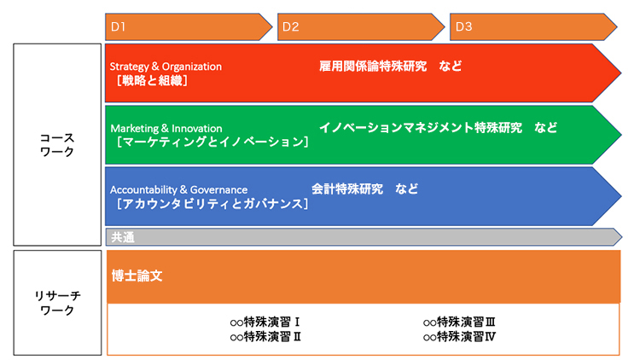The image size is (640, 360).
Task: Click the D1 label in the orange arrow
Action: (x=118, y=27)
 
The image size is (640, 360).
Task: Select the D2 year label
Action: (x=291, y=27)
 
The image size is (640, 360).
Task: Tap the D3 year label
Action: (x=463, y=27)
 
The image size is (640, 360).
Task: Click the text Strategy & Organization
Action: (x=166, y=67)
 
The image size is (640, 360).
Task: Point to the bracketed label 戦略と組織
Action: (x=152, y=81)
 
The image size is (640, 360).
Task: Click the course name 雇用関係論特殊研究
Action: (x=373, y=67)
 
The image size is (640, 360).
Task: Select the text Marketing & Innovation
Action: (x=166, y=129)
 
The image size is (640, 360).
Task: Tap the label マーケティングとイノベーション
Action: (x=212, y=142)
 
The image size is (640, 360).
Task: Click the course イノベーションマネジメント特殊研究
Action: (x=421, y=128)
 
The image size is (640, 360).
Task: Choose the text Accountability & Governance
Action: (x=179, y=189)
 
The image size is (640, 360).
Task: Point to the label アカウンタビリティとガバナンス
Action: (x=212, y=203)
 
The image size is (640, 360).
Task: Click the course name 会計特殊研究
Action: (x=347, y=189)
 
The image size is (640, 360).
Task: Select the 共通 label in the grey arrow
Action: (x=123, y=237)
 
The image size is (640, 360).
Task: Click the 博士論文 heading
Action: (x=137, y=276)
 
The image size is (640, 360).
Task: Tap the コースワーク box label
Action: (x=57, y=145)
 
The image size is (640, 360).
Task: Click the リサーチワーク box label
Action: (x=57, y=303)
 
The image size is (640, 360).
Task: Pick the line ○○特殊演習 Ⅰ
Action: (x=265, y=322)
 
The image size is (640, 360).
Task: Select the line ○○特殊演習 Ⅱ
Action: (x=265, y=337)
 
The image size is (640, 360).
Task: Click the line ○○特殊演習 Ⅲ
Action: (x=459, y=322)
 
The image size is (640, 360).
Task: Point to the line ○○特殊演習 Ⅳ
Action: (x=459, y=337)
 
